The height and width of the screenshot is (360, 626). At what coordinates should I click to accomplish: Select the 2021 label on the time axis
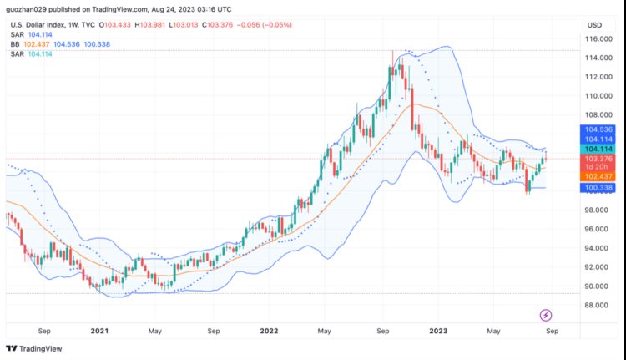(x=100, y=331)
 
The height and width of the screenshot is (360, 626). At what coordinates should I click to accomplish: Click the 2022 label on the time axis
(x=269, y=331)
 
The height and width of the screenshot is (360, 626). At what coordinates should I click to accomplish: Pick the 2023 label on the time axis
(x=438, y=331)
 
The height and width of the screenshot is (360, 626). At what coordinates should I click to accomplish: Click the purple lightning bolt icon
(x=546, y=315)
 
